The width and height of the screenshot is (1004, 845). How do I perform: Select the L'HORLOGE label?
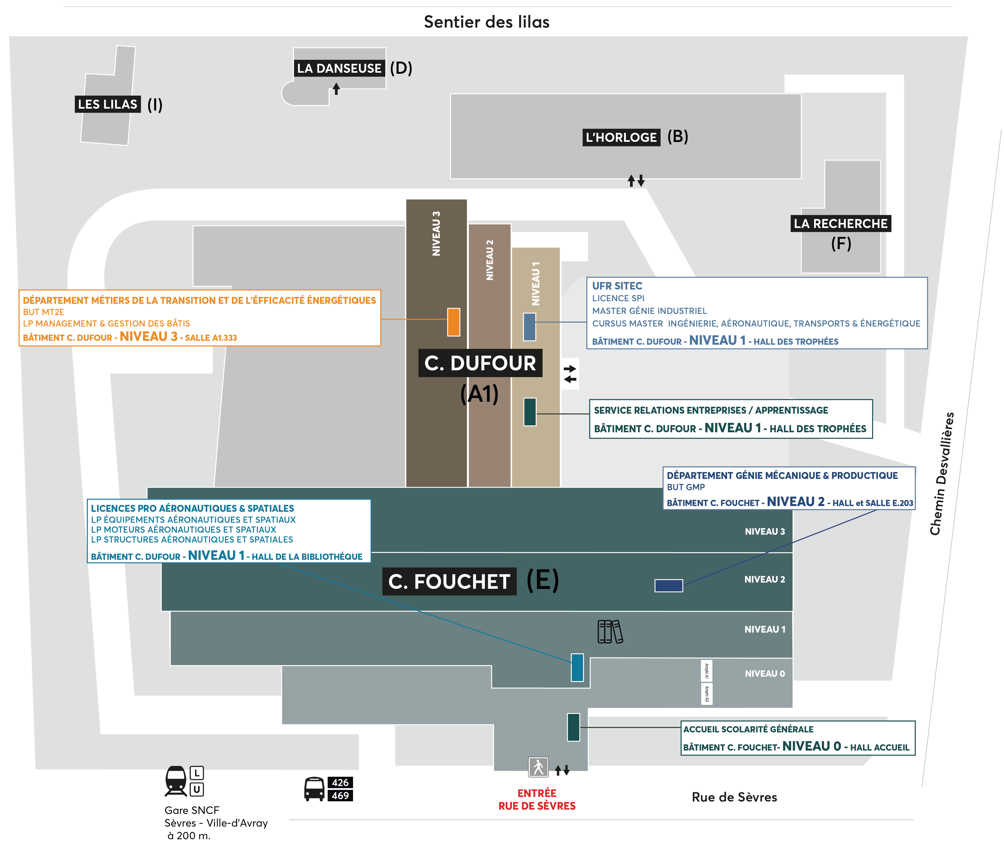[x=621, y=137]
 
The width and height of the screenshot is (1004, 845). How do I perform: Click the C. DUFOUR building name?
[x=480, y=363]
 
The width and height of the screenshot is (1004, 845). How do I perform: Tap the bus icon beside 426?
[x=314, y=789]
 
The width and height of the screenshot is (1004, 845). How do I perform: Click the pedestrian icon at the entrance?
[x=538, y=767]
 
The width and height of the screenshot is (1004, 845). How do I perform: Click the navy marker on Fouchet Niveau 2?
[x=668, y=585]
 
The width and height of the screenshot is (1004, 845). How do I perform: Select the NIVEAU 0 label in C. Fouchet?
[x=764, y=674]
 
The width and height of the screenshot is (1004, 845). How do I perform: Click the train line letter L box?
[x=197, y=773]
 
